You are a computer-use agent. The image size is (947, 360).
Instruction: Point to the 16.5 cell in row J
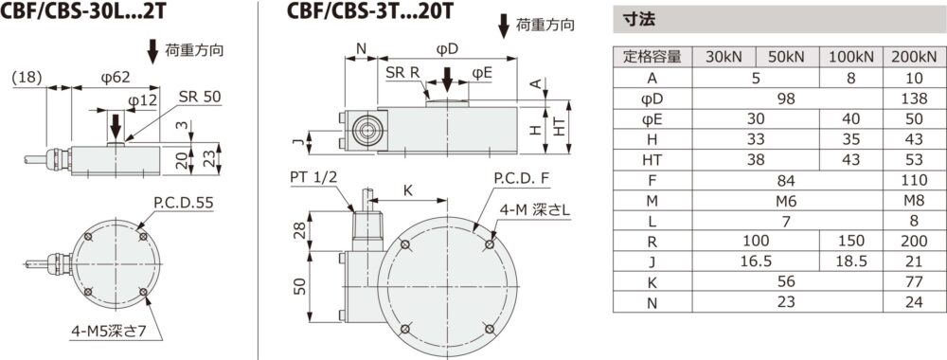[756, 261]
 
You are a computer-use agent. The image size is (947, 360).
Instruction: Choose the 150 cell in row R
[850, 241]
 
